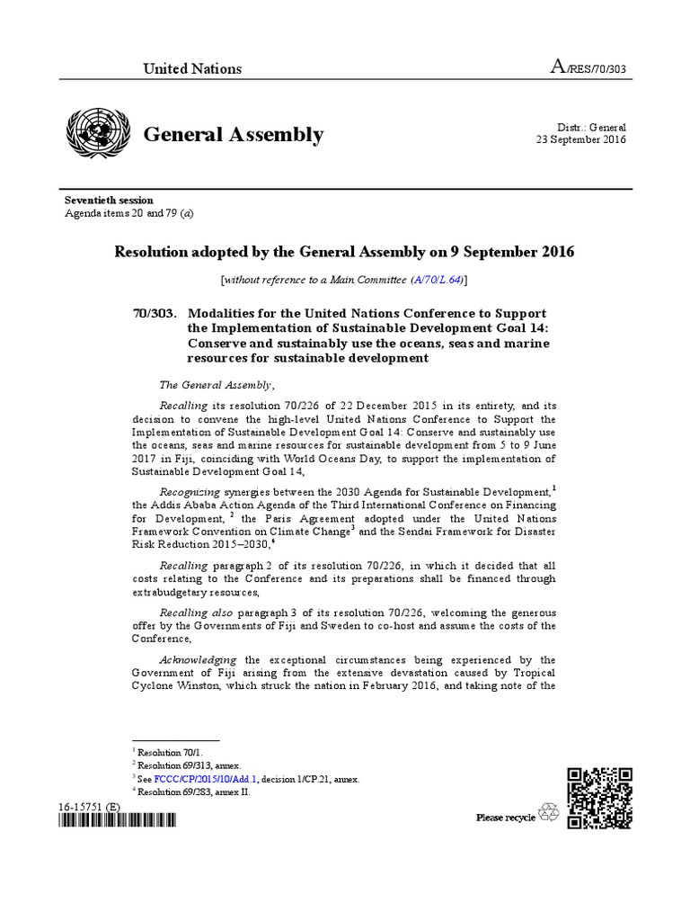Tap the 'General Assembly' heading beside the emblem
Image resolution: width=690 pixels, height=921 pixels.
(x=234, y=135)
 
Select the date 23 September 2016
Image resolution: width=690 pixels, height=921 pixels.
(x=580, y=140)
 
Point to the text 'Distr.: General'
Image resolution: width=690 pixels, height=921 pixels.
(x=592, y=128)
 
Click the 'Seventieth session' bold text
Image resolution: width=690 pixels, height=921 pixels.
(x=108, y=200)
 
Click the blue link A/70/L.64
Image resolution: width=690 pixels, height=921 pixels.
(x=437, y=281)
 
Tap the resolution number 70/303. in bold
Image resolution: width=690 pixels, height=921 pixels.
(x=155, y=312)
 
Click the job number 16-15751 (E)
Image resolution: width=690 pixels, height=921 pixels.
(x=87, y=807)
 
